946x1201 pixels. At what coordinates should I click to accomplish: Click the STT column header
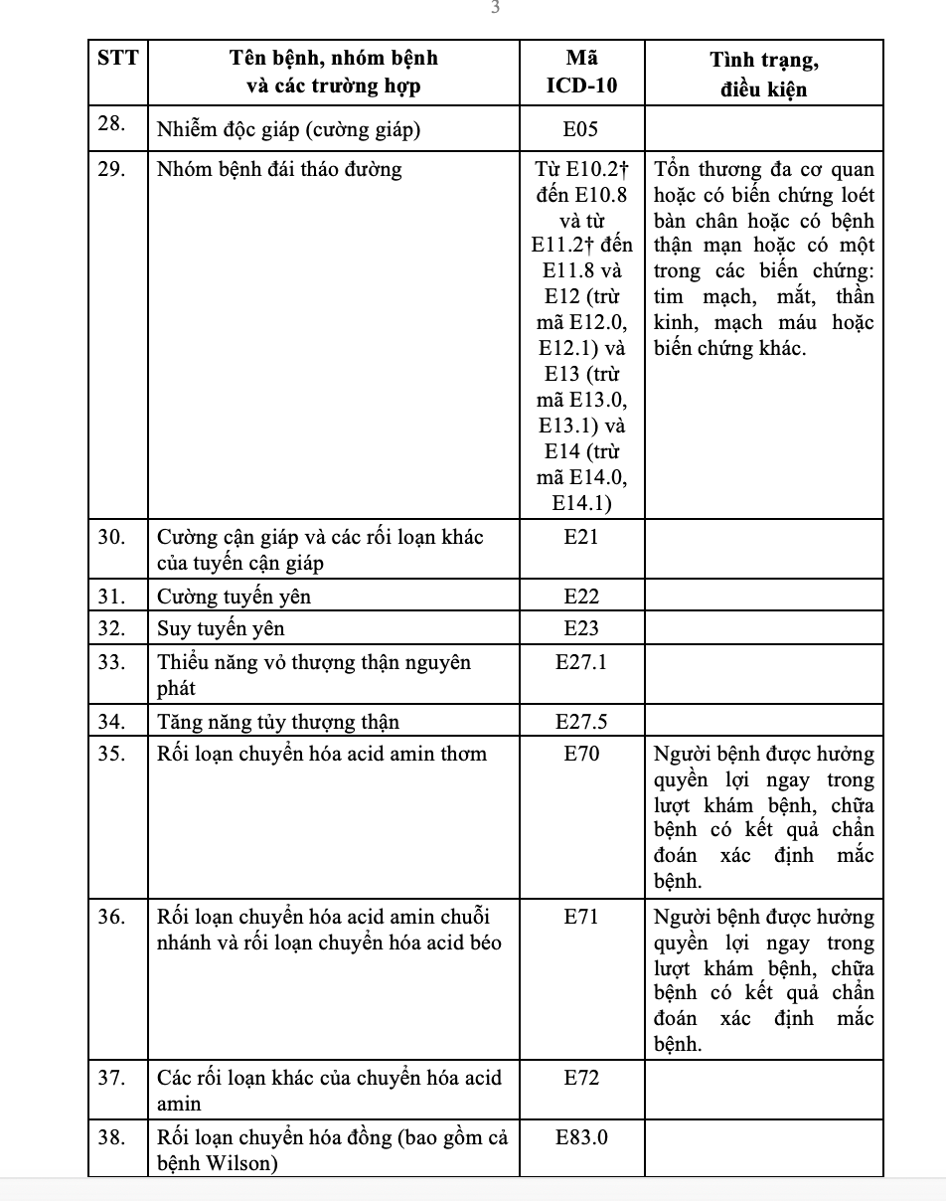[117, 59]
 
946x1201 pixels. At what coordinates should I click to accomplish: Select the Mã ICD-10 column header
[581, 72]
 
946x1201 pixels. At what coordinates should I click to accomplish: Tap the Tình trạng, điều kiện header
[763, 74]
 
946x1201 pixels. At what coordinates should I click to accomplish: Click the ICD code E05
[581, 128]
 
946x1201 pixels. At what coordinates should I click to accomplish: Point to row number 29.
[111, 169]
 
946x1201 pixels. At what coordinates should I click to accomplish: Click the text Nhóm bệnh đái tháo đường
[279, 169]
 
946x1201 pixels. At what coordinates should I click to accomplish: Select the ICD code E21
[581, 537]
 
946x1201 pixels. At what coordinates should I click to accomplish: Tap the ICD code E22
[581, 597]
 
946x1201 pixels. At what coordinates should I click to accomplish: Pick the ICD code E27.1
[581, 662]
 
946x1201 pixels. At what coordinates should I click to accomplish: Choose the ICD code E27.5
[581, 721]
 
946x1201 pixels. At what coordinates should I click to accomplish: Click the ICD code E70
[581, 754]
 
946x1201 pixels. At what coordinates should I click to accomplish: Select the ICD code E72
[581, 1078]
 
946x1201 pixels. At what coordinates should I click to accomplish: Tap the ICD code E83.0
[581, 1137]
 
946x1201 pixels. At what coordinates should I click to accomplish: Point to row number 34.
[111, 721]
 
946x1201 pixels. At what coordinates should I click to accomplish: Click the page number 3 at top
[494, 8]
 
